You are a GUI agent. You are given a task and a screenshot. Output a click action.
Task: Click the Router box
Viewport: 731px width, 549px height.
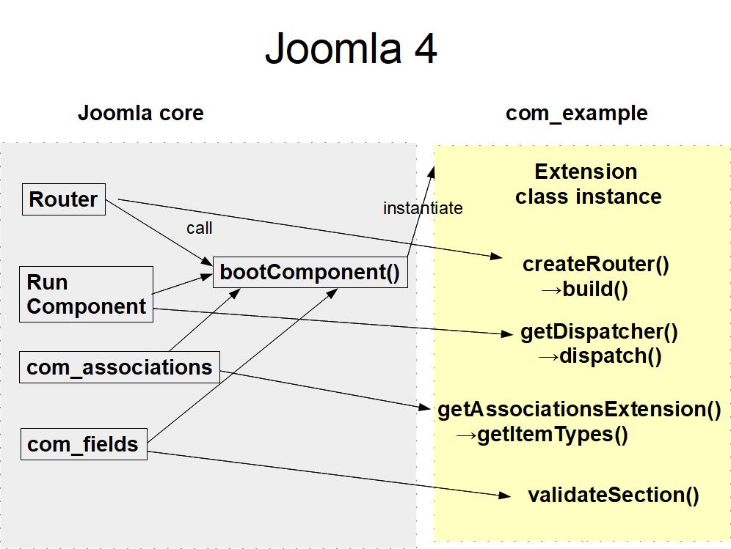[x=64, y=199]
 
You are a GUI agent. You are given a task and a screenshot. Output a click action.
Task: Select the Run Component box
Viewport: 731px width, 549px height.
[x=86, y=294]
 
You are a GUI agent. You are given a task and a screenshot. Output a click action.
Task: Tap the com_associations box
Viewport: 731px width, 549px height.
[x=119, y=367]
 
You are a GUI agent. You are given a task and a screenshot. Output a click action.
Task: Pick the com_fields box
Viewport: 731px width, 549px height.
[x=83, y=444]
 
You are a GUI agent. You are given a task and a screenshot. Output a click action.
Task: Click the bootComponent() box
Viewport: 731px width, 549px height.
[x=310, y=273]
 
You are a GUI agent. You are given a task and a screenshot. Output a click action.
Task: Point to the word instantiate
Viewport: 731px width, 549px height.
[x=423, y=208]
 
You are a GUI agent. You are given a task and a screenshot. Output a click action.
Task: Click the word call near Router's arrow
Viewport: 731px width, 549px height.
[x=199, y=228]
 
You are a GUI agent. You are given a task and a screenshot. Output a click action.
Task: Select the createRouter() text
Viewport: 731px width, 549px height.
[x=595, y=264]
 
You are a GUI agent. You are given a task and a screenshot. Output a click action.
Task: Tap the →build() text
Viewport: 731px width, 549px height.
[x=585, y=289]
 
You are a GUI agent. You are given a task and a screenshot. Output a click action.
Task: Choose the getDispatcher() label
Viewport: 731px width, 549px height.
[x=599, y=331]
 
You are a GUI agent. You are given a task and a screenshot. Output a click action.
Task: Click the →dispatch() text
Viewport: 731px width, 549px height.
[x=600, y=356]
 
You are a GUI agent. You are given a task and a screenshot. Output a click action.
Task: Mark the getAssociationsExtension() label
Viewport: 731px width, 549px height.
[x=579, y=409]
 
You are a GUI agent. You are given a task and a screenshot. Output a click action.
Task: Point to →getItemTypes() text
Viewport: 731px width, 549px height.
[x=542, y=435]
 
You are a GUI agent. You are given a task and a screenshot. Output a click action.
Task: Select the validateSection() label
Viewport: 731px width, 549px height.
[x=613, y=495]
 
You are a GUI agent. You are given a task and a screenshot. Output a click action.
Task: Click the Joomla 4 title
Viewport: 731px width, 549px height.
[x=351, y=48]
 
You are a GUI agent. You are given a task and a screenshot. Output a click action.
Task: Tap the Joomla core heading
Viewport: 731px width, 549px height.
[x=140, y=113]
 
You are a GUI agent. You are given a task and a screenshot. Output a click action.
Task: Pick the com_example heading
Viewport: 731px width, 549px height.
[x=576, y=113]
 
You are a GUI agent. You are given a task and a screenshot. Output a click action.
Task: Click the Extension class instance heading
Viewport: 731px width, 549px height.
[x=586, y=184]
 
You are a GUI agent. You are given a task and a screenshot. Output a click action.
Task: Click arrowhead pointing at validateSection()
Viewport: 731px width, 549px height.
[x=504, y=495]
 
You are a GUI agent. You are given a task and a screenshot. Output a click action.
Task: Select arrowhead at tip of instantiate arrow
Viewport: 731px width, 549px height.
[x=432, y=172]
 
